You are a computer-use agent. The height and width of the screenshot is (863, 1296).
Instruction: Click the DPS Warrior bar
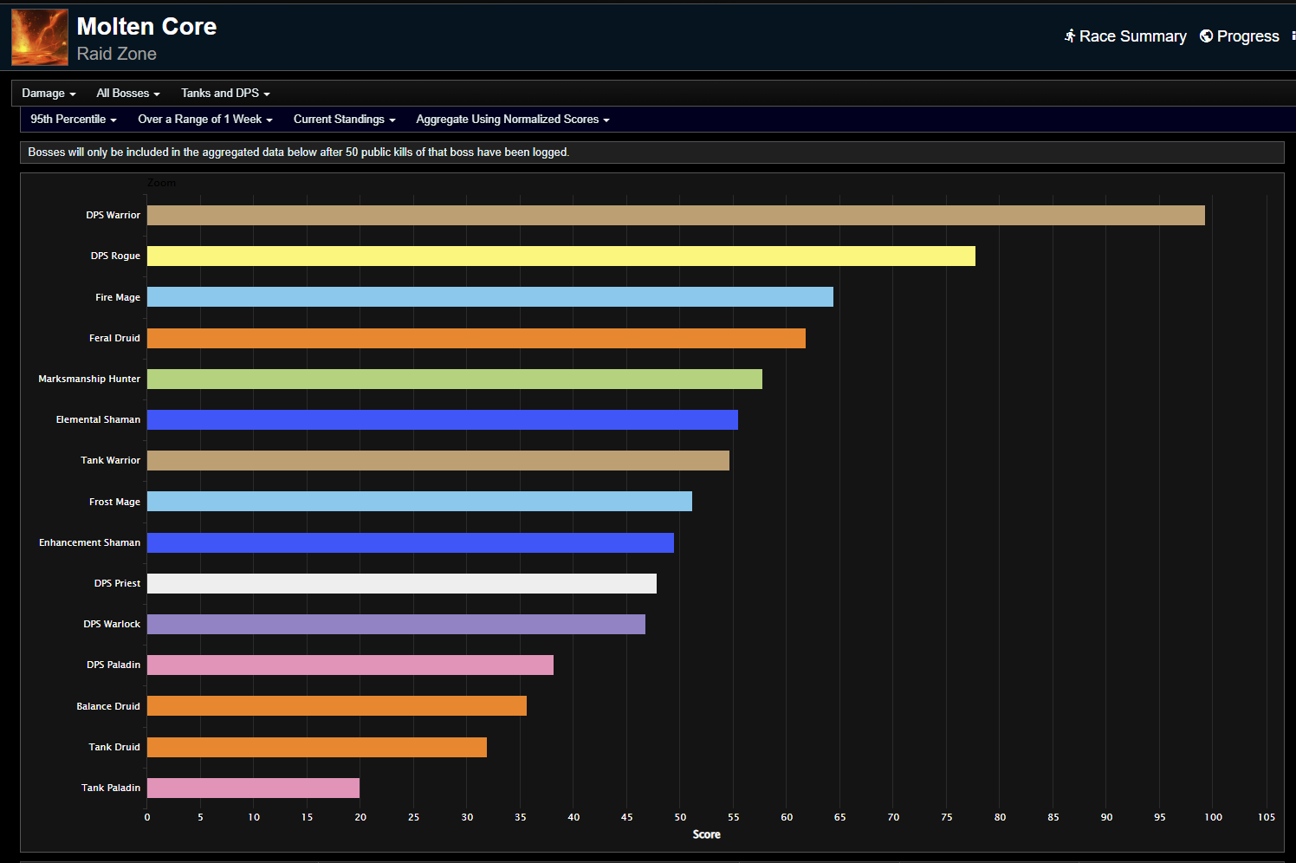[676, 215]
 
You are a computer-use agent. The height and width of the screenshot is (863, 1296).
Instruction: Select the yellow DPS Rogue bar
[561, 256]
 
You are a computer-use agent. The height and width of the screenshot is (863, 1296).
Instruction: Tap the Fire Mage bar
[489, 297]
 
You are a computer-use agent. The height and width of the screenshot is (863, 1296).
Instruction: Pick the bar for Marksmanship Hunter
[454, 379]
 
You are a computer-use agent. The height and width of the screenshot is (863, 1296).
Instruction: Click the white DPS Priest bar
[401, 583]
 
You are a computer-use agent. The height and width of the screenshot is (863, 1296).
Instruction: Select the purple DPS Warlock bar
[396, 624]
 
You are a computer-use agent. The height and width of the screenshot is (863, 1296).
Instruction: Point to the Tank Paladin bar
[253, 788]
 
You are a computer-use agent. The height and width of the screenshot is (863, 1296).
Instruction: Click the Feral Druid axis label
[114, 338]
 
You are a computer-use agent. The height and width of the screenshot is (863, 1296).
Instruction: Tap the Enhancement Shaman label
[89, 542]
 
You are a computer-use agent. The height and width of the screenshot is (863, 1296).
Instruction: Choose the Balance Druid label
[108, 706]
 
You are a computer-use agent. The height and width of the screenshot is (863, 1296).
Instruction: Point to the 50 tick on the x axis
[680, 817]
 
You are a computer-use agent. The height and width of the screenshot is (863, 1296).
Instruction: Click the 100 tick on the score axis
[1213, 817]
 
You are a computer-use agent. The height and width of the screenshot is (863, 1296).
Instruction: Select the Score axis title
[706, 834]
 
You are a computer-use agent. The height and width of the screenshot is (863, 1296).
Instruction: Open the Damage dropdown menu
[49, 94]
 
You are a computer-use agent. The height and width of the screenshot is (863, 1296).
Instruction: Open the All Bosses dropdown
[127, 94]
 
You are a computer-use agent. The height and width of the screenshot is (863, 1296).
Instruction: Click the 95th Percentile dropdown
[73, 120]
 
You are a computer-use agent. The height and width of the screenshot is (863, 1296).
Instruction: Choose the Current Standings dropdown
[344, 120]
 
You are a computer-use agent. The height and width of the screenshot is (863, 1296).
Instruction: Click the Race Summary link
[1125, 36]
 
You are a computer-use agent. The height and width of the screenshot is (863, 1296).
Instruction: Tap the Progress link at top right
[1240, 36]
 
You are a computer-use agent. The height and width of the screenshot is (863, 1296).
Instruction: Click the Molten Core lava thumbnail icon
[40, 37]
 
